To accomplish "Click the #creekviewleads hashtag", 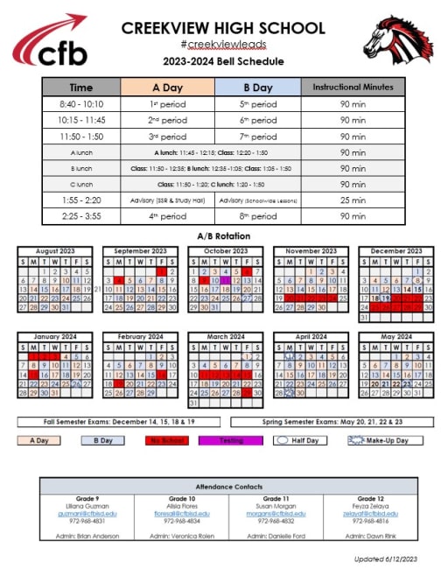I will [x=223, y=44].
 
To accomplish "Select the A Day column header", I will [x=167, y=88].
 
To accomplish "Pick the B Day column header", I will [x=257, y=88].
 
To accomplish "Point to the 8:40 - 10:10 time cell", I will [x=80, y=103].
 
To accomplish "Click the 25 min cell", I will [x=353, y=200].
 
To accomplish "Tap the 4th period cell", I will [x=167, y=216].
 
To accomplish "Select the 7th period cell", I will [x=257, y=136].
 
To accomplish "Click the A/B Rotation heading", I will [x=224, y=235].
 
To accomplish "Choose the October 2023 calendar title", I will [x=223, y=251].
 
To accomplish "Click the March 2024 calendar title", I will [x=223, y=337].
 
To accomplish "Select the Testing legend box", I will [x=230, y=440].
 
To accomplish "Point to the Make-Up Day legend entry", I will [x=377, y=440].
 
